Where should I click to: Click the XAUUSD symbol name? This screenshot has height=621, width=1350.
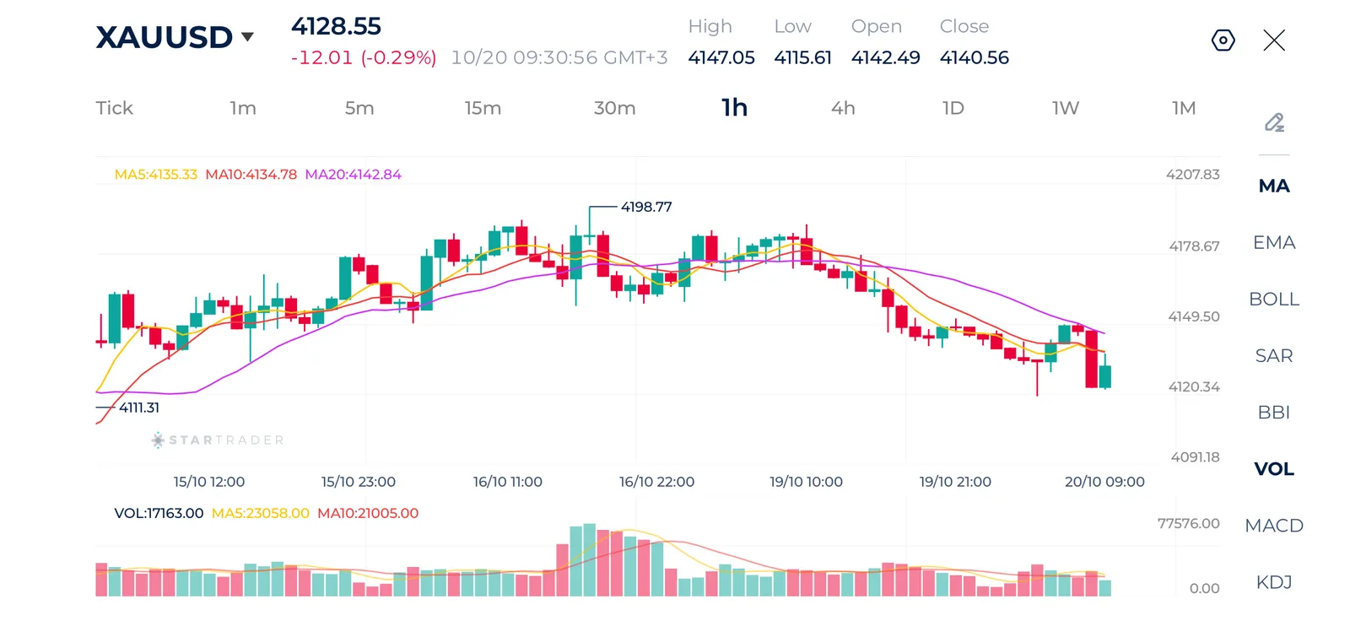(164, 37)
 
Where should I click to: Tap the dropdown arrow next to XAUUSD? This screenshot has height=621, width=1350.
(247, 37)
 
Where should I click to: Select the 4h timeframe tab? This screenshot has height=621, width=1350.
(843, 108)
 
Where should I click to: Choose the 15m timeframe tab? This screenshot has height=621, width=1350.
(483, 108)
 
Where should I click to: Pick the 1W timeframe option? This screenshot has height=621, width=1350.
(1066, 108)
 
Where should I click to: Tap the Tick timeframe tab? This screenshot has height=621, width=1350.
(114, 108)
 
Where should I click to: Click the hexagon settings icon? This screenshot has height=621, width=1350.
(1223, 40)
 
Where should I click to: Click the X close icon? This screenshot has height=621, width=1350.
(1274, 40)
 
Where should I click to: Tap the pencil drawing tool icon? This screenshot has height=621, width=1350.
(1274, 122)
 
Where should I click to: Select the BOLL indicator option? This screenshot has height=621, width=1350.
(1274, 299)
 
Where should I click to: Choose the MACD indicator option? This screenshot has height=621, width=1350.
(1274, 526)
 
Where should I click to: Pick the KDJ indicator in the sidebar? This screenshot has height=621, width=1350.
(1274, 582)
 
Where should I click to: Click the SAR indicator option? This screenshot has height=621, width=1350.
(1274, 356)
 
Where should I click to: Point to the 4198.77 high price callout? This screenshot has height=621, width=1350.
(646, 207)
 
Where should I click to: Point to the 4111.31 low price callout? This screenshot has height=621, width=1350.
(139, 408)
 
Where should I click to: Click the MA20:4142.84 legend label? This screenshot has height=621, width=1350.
(354, 175)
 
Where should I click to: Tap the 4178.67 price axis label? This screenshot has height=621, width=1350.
(1194, 246)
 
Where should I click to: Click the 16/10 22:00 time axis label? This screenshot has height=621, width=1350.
(656, 482)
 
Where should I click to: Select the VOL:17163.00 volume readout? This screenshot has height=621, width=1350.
(159, 513)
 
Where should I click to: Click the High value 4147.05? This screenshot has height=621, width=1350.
(721, 58)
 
